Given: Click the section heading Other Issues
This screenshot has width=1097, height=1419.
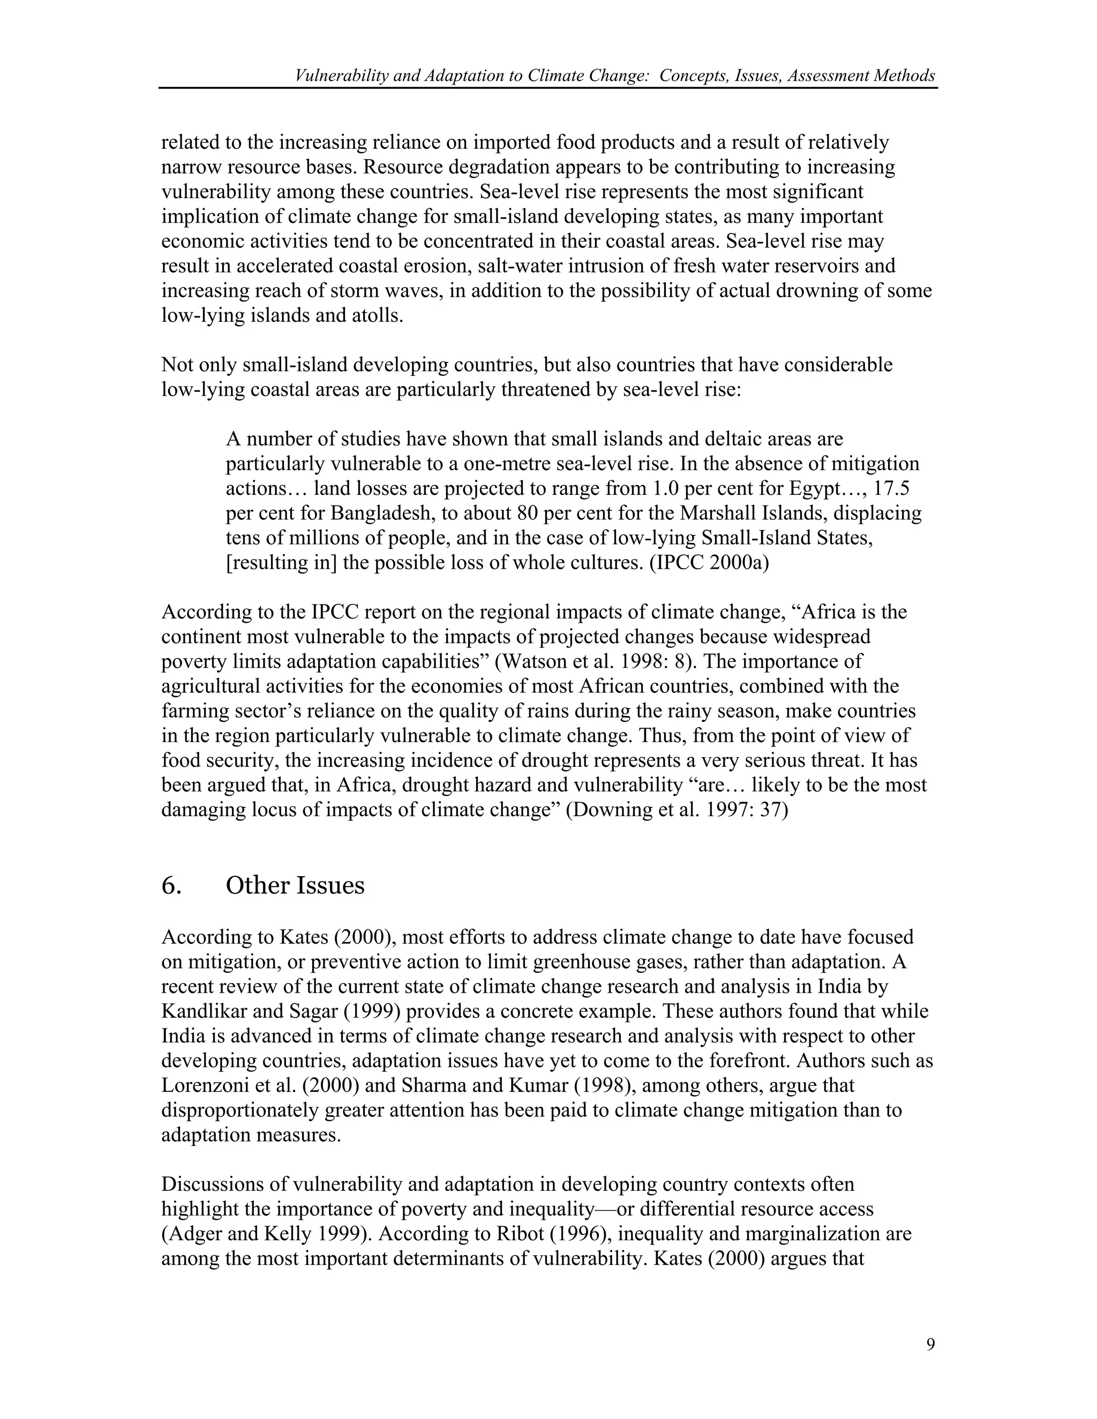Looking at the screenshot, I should (x=295, y=886).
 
